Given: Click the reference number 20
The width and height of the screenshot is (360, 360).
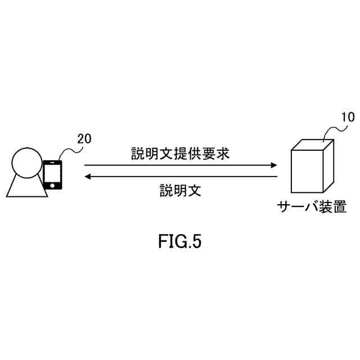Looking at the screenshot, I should pos(83,138).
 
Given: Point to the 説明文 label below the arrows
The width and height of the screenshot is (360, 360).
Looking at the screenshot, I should pos(179,190).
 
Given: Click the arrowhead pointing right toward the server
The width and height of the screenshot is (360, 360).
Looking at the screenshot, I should pos(274,165).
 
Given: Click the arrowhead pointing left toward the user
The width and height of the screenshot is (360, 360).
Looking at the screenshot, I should pos(88,177).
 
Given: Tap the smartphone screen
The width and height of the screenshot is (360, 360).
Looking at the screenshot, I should pos(52,171).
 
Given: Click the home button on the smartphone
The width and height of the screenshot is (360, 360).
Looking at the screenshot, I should pos(52,184).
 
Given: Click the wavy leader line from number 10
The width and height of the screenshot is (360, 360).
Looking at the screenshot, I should pos(332,130).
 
